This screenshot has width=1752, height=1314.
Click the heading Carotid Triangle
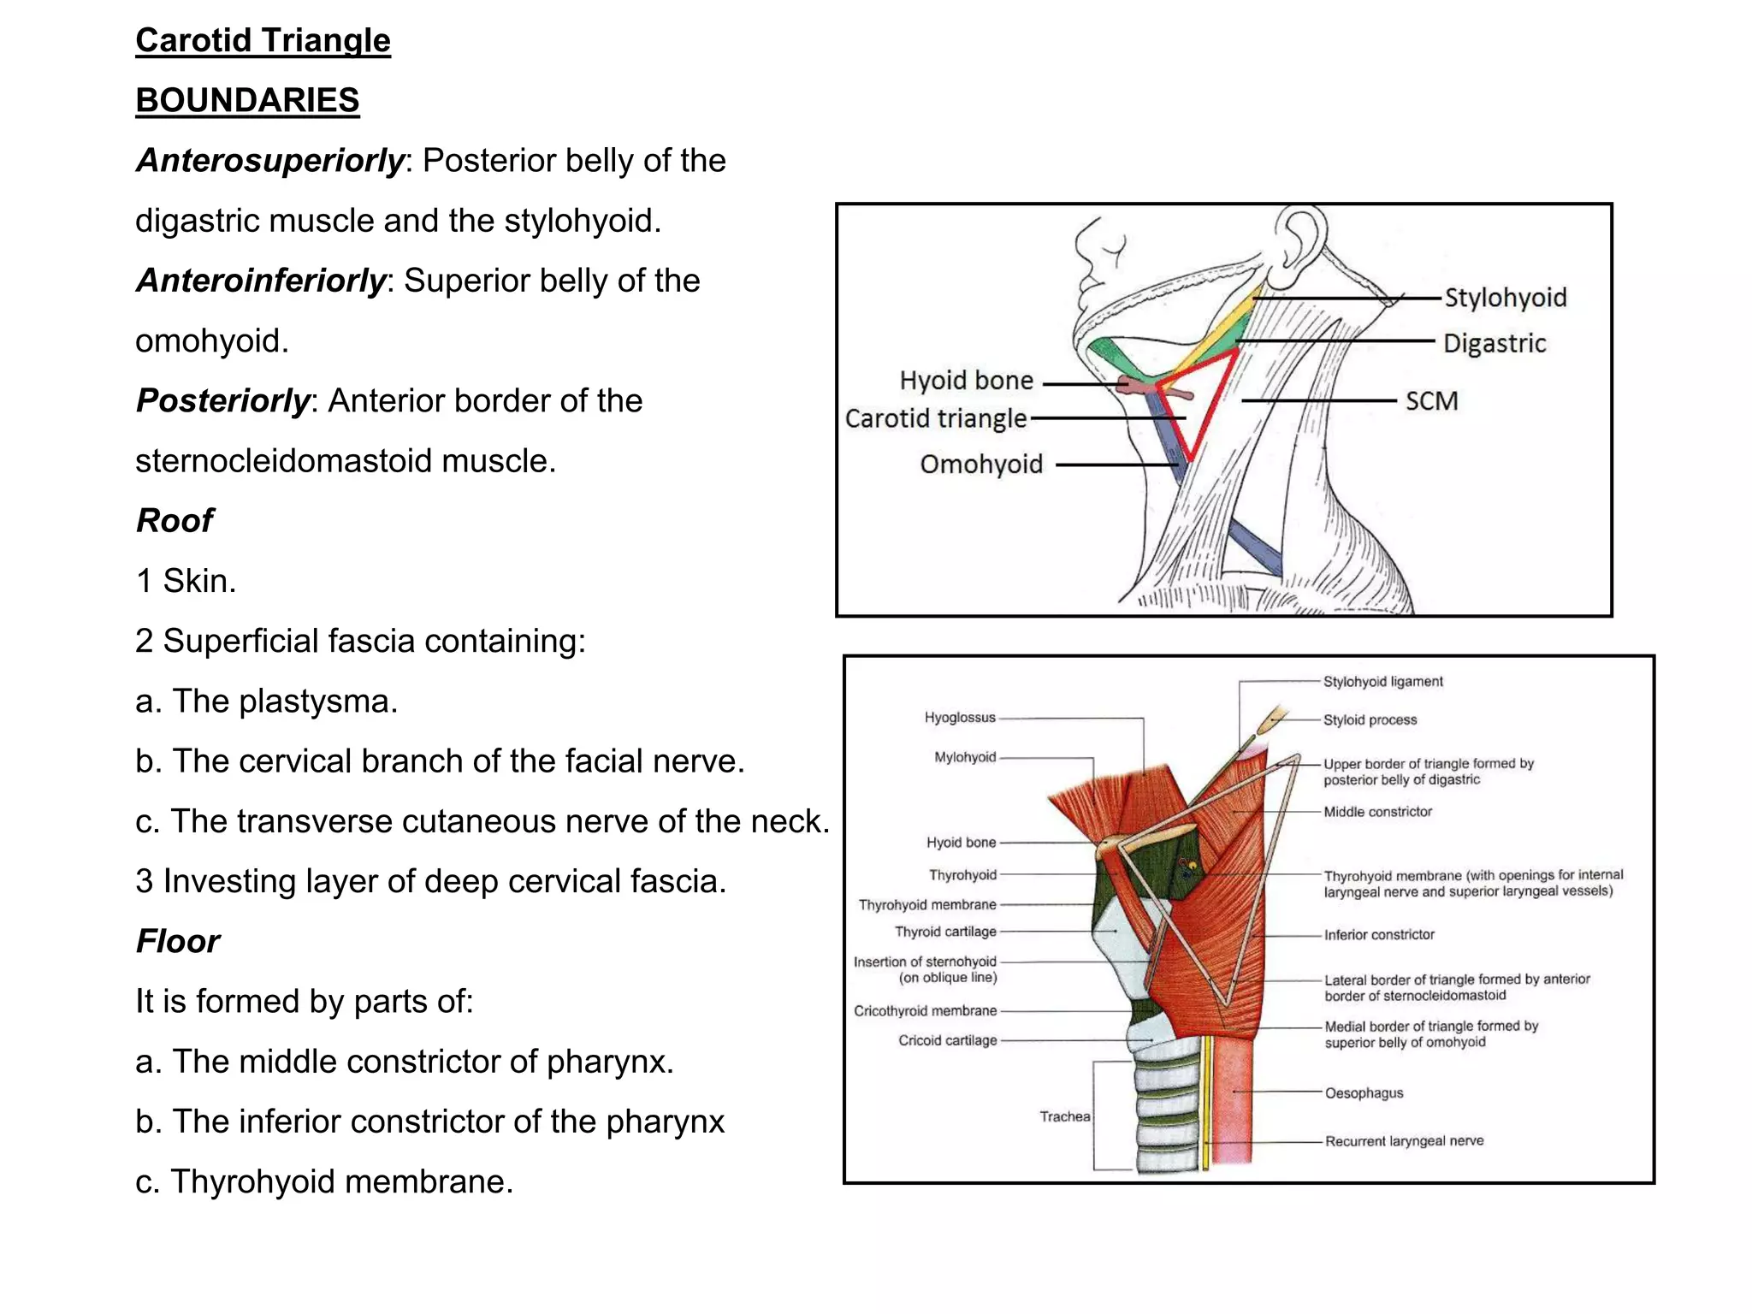click(263, 40)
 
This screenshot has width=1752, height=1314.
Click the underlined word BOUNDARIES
click(247, 100)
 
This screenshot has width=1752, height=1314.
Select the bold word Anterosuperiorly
click(269, 161)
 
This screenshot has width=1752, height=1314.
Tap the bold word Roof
click(175, 520)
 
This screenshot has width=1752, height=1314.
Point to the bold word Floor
click(178, 941)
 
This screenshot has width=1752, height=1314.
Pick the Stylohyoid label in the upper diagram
click(1506, 298)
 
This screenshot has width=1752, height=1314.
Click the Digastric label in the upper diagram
click(1495, 343)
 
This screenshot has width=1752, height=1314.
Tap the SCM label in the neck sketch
click(1431, 400)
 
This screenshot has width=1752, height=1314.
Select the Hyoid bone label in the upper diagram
click(966, 380)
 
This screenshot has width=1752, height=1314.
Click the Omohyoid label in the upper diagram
click(981, 464)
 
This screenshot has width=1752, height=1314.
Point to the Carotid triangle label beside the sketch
click(935, 418)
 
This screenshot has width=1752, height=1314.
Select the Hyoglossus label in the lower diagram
click(960, 718)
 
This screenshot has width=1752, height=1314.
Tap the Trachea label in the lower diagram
click(1064, 1116)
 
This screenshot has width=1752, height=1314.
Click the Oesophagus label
click(1364, 1092)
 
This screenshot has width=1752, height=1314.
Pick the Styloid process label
click(1370, 720)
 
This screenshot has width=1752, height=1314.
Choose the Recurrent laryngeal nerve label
click(1404, 1141)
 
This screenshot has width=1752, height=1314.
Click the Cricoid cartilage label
click(947, 1040)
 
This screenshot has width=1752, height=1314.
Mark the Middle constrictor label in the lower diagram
click(1377, 812)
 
